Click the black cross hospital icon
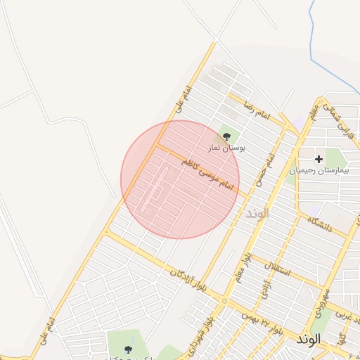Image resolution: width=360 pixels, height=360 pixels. [319, 160]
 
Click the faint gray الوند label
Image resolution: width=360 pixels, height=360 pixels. [257, 213]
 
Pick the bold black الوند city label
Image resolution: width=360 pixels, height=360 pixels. [308, 339]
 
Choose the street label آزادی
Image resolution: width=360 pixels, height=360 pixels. [265, 290]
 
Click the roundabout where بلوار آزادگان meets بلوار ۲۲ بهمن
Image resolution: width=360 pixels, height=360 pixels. [224, 301]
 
